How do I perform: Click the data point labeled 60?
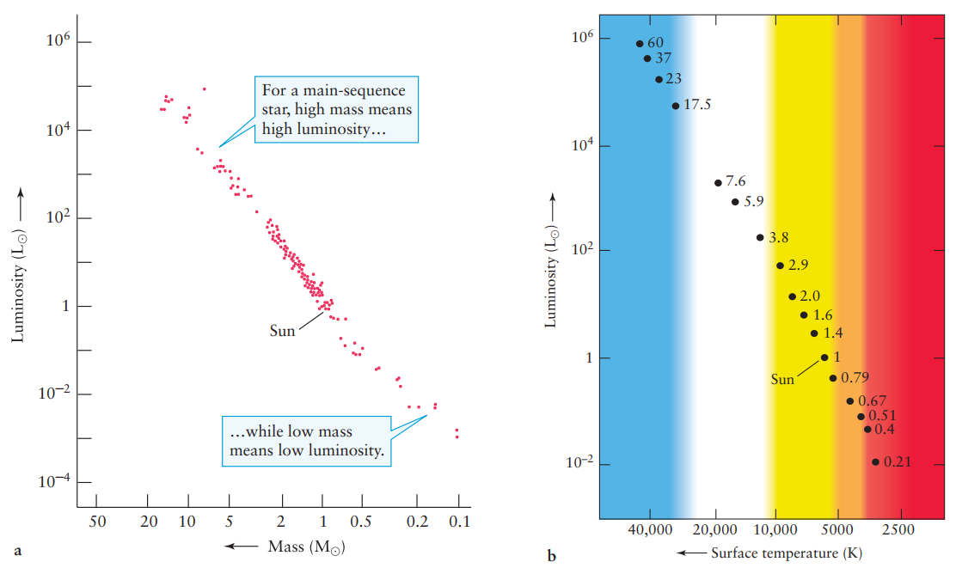640,44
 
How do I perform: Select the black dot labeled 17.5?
676,106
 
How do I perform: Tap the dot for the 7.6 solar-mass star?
718,182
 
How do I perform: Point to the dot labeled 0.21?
875,461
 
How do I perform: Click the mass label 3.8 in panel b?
778,237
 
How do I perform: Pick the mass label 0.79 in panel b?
855,378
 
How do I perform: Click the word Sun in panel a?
282,331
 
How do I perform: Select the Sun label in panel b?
782,379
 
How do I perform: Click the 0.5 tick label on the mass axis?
361,522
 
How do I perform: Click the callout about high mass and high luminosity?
337,110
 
